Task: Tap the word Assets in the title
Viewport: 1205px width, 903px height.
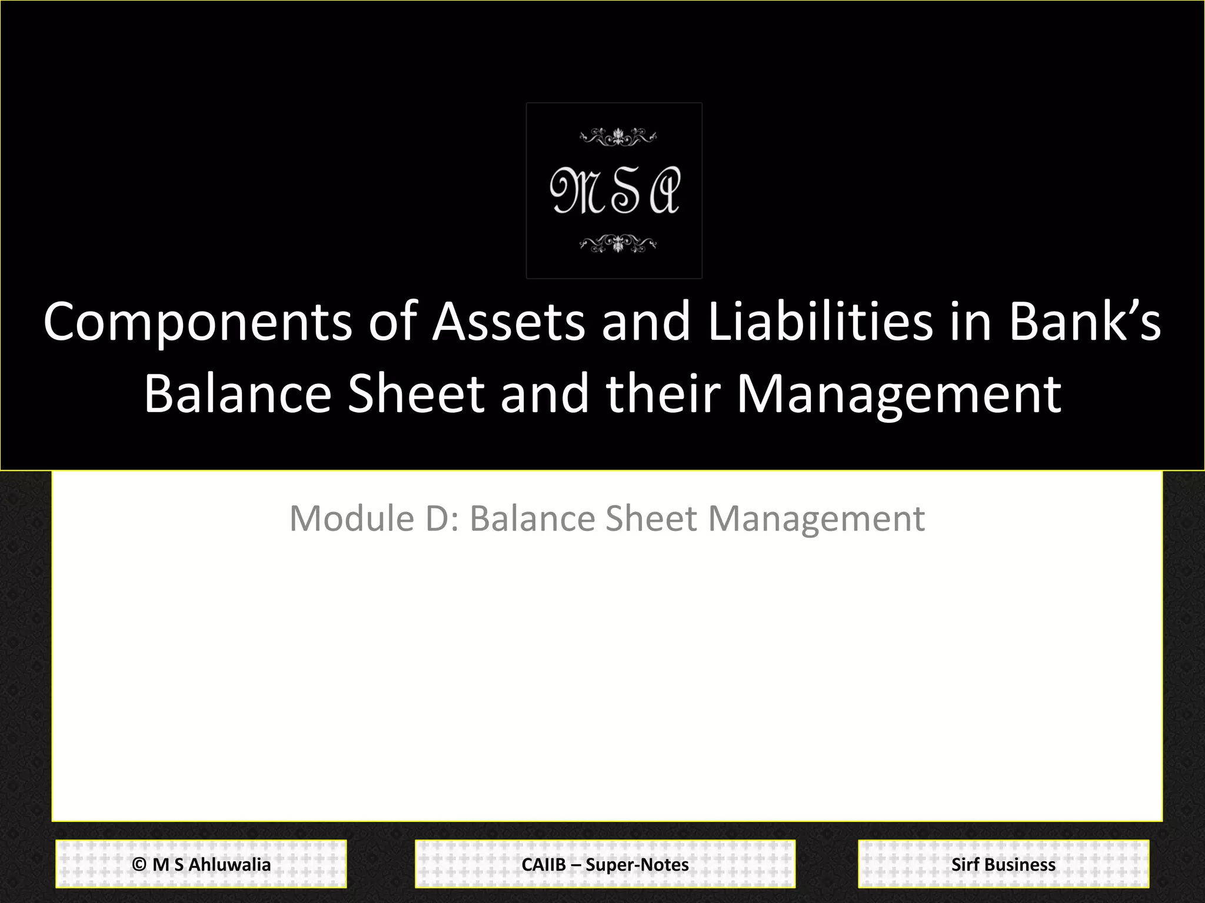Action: point(508,322)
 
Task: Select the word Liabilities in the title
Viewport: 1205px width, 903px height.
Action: point(820,322)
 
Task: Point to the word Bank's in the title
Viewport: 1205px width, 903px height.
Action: point(1085,322)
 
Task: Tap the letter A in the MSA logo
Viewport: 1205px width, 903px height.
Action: point(665,190)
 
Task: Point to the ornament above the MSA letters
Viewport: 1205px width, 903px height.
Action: point(617,137)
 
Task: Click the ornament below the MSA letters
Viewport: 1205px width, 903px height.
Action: point(617,243)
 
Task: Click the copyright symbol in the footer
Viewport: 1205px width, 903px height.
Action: point(139,865)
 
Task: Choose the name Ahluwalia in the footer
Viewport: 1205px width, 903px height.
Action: point(229,865)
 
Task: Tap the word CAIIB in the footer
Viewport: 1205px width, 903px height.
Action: point(543,865)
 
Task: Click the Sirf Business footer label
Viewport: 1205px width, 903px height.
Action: point(1003,865)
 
